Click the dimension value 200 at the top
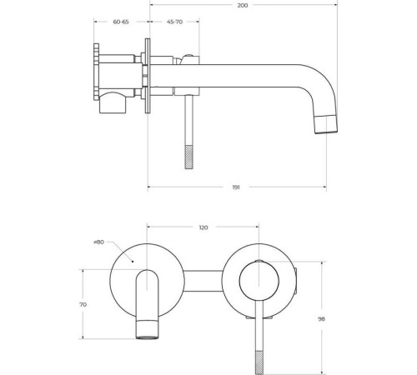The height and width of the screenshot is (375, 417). [x=243, y=5]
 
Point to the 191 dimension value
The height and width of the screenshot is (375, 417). [x=236, y=187]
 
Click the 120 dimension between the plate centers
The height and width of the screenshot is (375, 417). [x=203, y=227]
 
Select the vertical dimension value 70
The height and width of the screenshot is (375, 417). [x=83, y=305]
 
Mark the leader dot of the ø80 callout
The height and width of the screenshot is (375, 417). [x=133, y=261]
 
